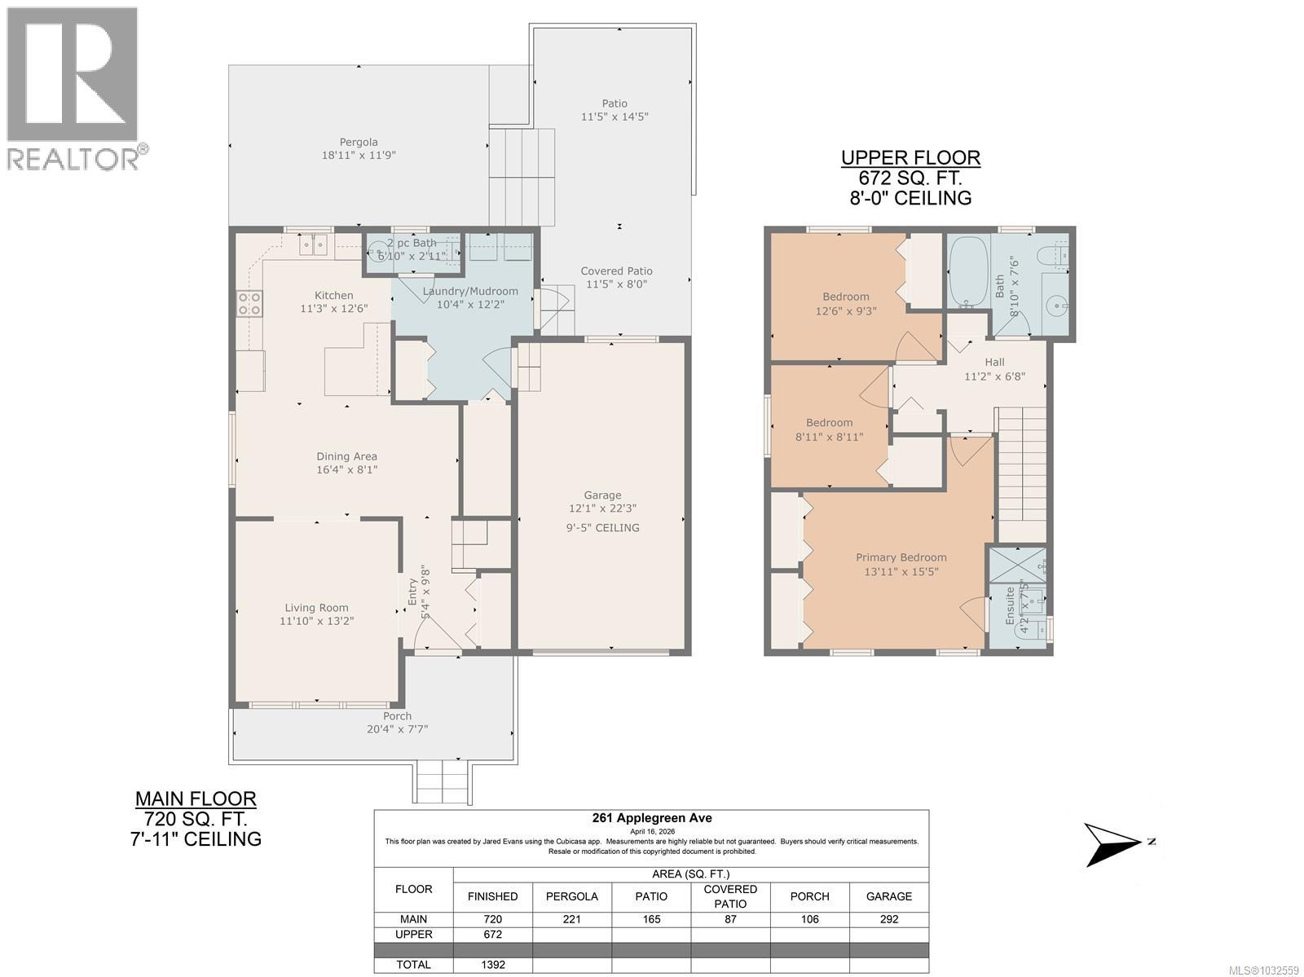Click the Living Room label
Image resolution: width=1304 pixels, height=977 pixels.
click(316, 607)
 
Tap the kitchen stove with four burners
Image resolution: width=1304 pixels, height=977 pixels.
click(249, 304)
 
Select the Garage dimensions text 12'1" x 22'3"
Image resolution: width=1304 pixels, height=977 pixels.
click(602, 508)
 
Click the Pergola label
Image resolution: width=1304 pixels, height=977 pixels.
click(359, 142)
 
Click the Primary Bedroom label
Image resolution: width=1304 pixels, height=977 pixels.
click(901, 557)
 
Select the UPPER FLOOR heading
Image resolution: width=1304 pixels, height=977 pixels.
click(910, 158)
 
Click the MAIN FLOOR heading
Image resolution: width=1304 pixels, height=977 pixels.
click(196, 799)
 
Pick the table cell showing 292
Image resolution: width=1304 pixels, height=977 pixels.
click(888, 919)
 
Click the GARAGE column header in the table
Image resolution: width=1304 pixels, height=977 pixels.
click(888, 896)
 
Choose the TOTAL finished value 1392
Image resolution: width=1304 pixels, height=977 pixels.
click(492, 965)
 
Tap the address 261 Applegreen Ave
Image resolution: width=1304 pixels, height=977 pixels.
click(650, 819)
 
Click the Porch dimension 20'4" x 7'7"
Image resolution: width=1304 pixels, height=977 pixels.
click(397, 729)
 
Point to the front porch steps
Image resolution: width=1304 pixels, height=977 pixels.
click(443, 781)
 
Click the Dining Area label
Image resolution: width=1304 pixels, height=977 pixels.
click(346, 456)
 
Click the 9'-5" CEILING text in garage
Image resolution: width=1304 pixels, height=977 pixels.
click(602, 527)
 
